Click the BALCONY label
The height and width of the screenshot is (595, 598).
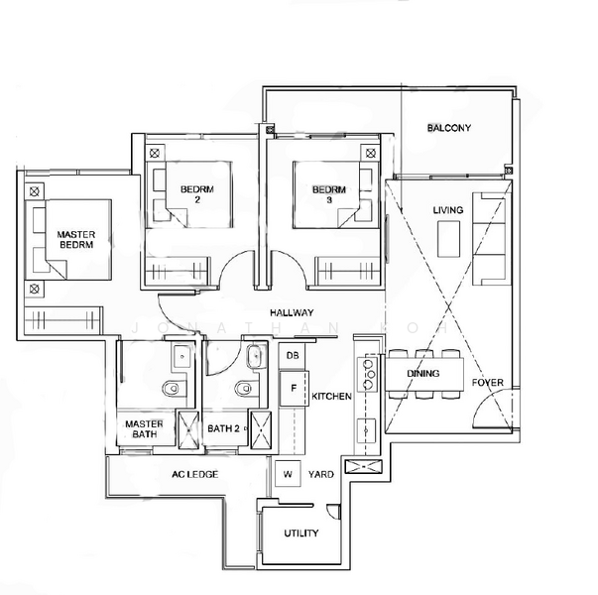tap(448, 128)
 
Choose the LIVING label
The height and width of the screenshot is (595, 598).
tap(448, 211)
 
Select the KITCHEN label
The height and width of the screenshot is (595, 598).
tap(331, 396)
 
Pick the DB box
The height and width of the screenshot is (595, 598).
tap(293, 355)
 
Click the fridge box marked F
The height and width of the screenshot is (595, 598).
tap(294, 388)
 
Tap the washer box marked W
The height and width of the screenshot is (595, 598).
tap(288, 474)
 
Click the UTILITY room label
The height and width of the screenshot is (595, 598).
tap(300, 534)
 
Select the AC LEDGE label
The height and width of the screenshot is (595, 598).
tap(194, 474)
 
